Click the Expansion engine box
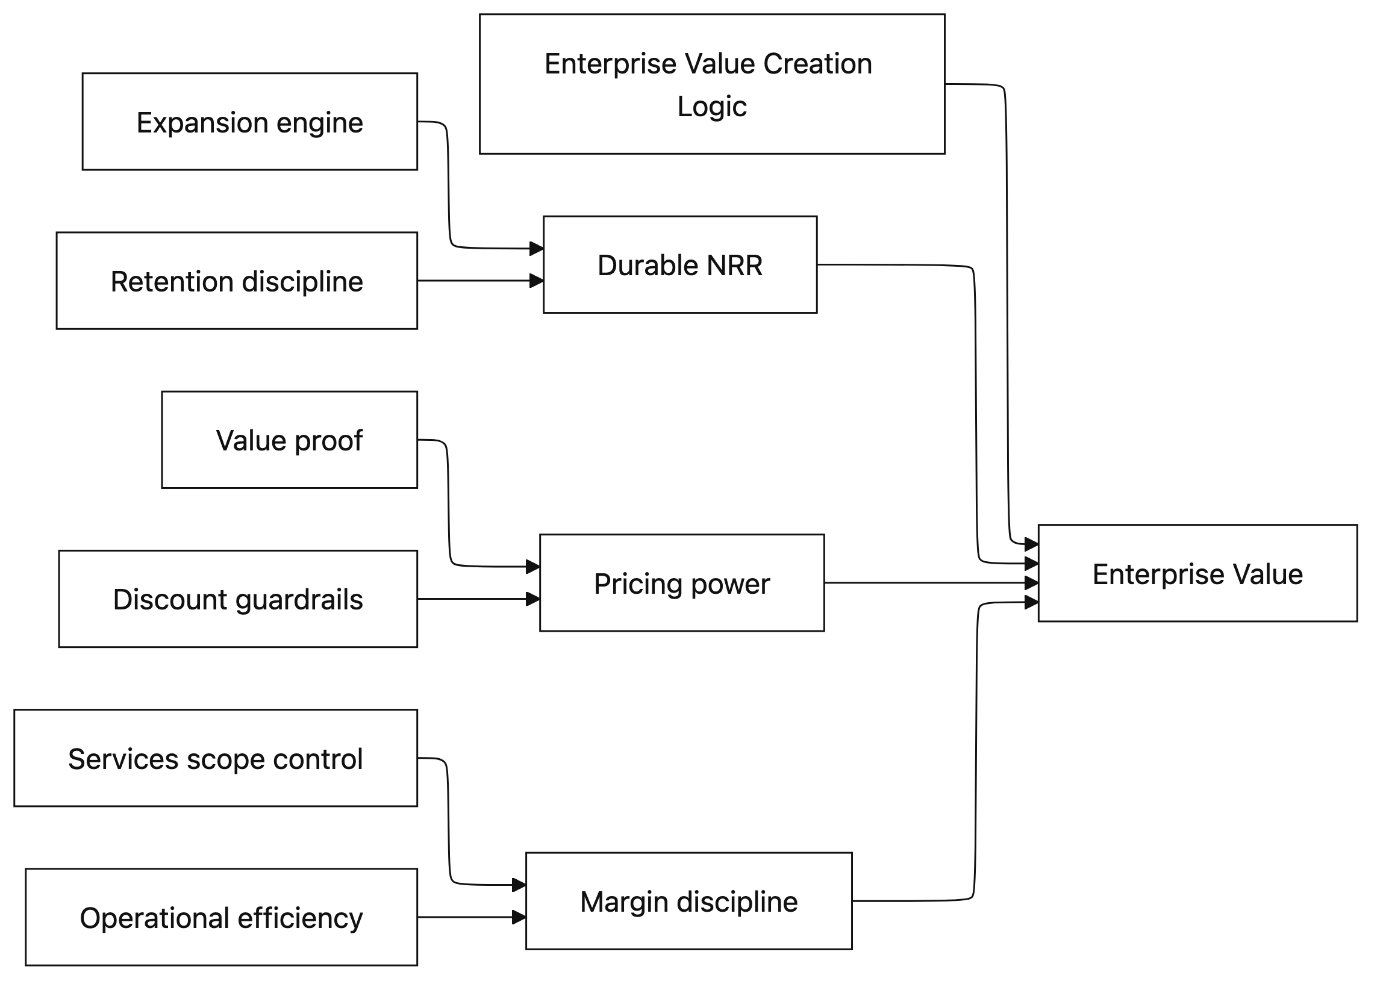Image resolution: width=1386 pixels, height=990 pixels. point(249,121)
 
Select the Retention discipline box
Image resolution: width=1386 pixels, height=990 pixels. point(237,281)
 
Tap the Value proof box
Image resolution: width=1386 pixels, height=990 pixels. point(289,440)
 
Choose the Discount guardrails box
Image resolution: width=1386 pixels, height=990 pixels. point(238,599)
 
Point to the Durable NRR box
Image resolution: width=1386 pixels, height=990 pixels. point(679,264)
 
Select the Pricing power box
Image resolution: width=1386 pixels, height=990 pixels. point(681,583)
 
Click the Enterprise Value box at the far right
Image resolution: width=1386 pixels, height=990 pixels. point(1197,573)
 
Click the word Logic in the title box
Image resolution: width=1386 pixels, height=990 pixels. point(711,107)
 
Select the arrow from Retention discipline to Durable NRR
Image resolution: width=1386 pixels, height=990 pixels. point(476,281)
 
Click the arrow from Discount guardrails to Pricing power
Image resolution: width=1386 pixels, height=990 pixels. point(476,599)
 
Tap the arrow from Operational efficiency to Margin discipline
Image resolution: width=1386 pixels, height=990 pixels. point(469,917)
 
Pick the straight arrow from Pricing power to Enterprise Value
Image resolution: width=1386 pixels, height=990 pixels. point(927,583)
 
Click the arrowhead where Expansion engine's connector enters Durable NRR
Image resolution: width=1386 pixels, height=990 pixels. point(536,248)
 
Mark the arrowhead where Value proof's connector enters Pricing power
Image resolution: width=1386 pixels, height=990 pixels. point(532,566)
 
